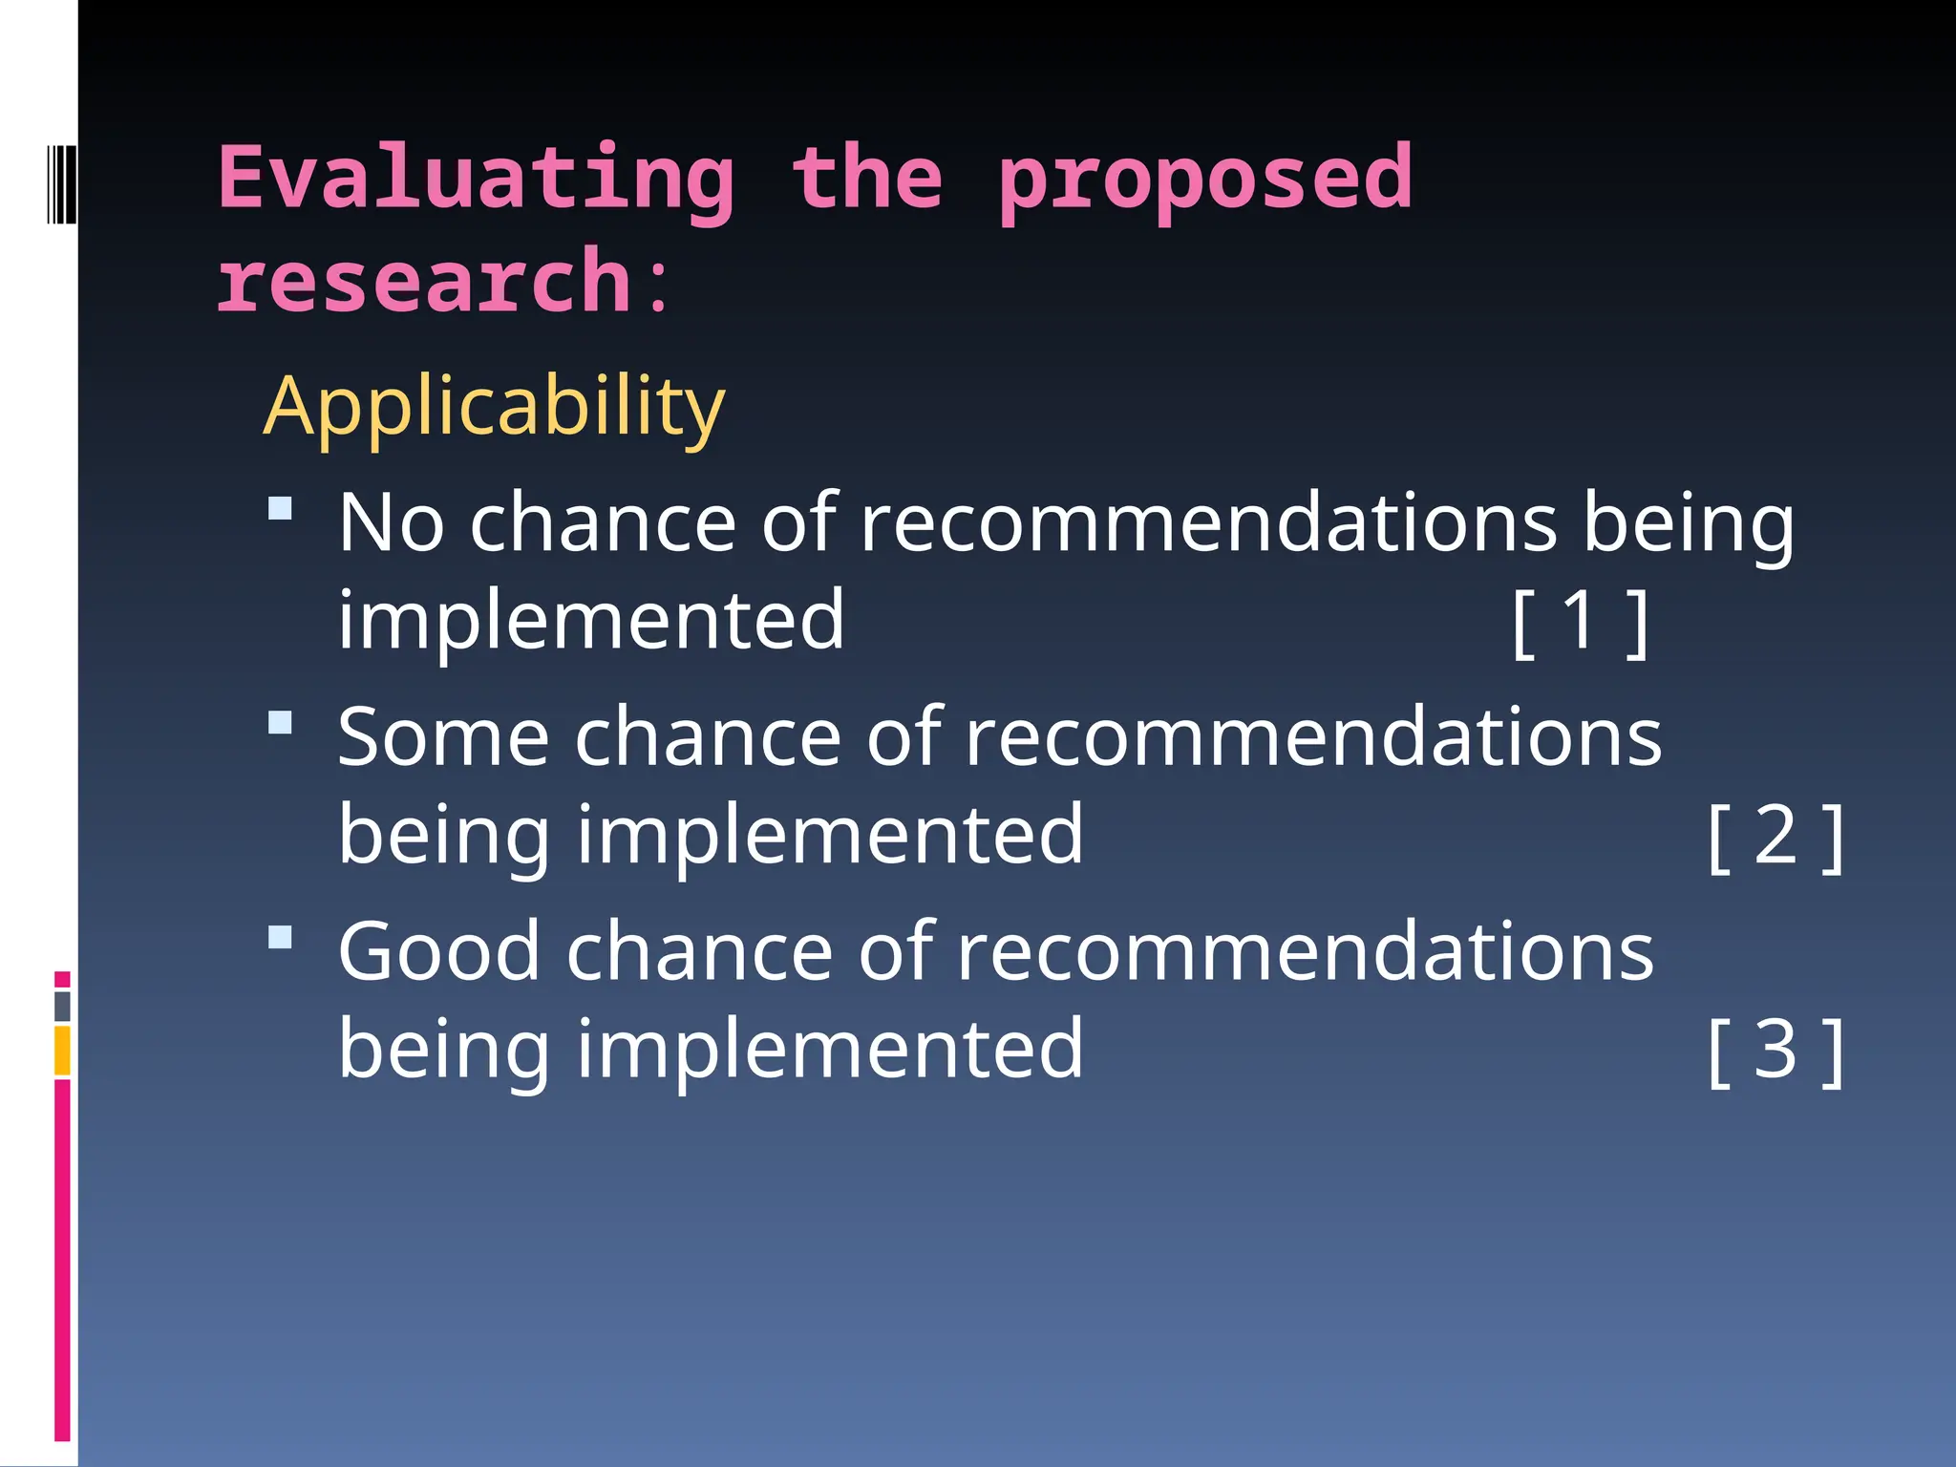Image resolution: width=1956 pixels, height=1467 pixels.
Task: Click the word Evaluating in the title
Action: tap(476, 179)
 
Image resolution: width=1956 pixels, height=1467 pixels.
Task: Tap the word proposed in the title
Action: tap(1204, 179)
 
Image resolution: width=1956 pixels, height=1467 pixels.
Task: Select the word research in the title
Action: tap(423, 281)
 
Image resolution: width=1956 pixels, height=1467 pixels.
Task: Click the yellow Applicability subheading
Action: tap(494, 407)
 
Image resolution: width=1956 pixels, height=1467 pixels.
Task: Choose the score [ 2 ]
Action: tap(1775, 836)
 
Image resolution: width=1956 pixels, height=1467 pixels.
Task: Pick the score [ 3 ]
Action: tap(1775, 1051)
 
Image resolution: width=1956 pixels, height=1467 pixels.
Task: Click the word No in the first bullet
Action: tap(392, 522)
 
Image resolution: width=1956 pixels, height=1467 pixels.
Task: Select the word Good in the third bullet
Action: tap(439, 952)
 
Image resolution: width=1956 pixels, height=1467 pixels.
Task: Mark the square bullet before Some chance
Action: tap(280, 722)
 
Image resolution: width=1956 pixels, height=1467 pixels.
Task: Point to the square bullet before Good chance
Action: tap(280, 937)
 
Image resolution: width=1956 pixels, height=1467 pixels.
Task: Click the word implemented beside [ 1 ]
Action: tap(591, 621)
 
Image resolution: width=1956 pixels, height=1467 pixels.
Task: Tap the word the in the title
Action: tap(866, 179)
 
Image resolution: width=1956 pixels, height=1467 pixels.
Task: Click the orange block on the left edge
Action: tap(62, 1051)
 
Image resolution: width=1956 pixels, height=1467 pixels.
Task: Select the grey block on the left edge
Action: tap(62, 1007)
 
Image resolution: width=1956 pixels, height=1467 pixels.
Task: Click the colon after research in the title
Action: tap(657, 287)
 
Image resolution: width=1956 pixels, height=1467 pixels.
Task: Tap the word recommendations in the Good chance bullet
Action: tap(1305, 952)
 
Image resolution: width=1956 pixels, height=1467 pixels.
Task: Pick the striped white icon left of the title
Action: tap(62, 183)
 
